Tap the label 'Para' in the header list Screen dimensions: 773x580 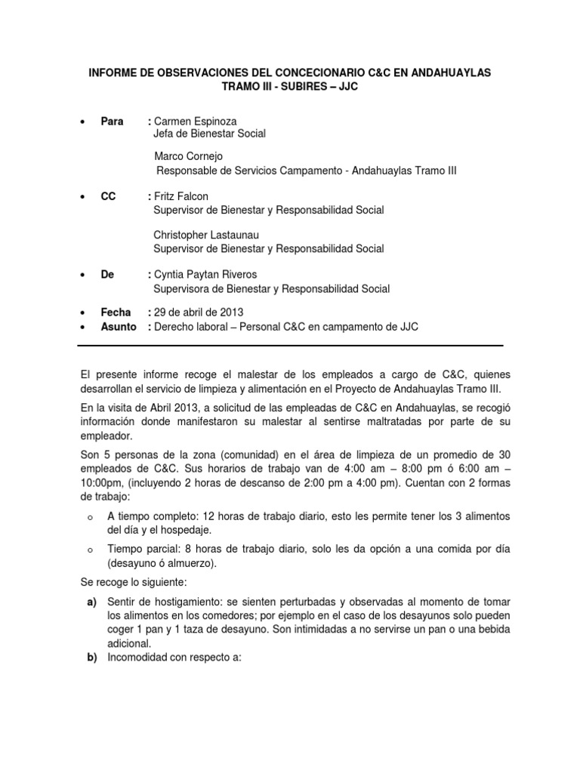(112, 122)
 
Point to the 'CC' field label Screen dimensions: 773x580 (108, 196)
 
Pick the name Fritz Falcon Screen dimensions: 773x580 (182, 196)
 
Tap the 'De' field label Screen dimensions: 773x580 (107, 275)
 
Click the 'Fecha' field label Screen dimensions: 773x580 (116, 313)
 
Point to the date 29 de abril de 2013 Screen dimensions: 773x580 (199, 313)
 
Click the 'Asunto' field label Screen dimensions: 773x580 (119, 326)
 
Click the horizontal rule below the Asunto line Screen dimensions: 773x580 (291, 346)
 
